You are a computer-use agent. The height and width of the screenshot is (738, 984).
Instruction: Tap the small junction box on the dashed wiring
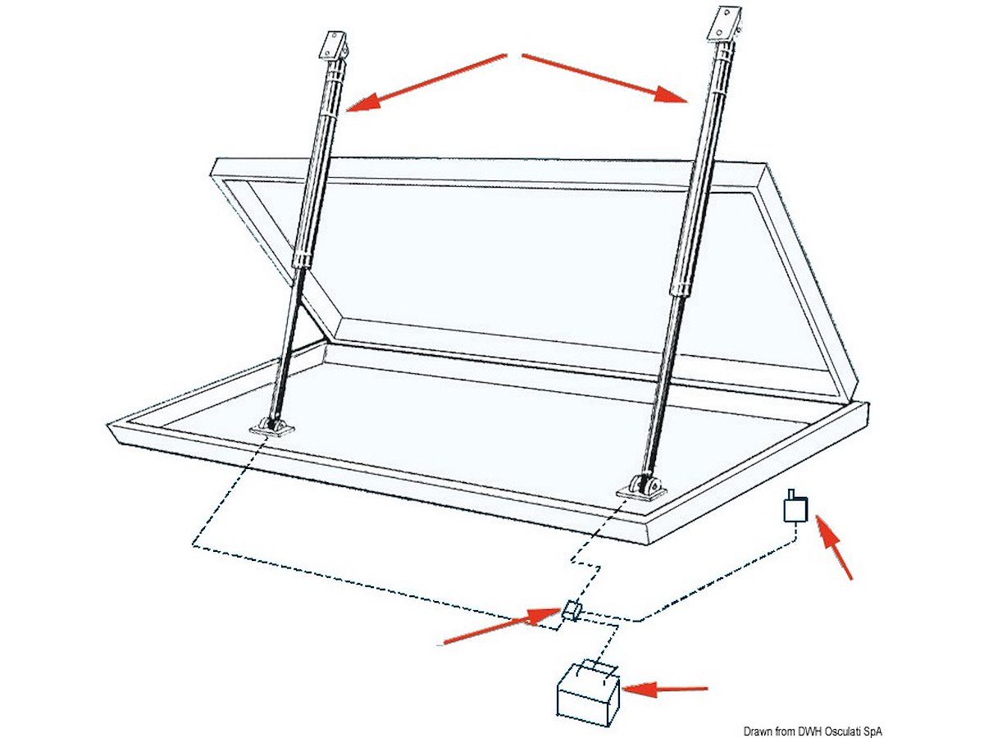tap(571, 610)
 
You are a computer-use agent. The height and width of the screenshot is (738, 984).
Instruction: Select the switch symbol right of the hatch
tap(795, 506)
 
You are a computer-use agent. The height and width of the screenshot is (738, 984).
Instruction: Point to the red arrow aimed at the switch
tap(834, 547)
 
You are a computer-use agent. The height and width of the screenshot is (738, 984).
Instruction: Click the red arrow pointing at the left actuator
tap(426, 82)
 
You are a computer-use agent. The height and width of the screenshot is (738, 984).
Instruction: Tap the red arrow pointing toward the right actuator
tap(604, 78)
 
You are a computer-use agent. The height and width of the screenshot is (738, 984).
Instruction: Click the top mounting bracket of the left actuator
tap(333, 46)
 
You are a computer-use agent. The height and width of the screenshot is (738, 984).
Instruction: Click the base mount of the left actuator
tap(271, 427)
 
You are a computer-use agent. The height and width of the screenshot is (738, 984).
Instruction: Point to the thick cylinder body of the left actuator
tap(319, 165)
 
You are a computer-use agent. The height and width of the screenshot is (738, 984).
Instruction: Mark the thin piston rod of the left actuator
tap(287, 342)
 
